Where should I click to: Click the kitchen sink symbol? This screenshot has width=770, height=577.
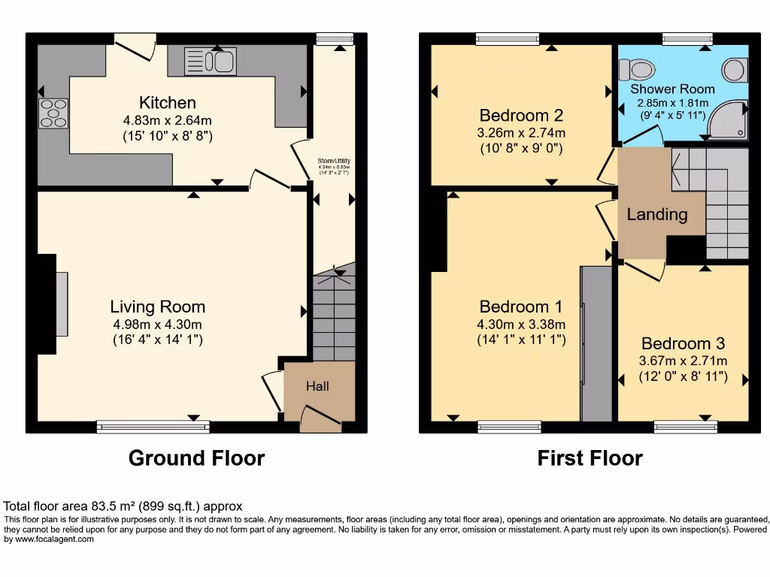211,61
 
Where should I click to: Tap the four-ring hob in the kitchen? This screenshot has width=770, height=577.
53,113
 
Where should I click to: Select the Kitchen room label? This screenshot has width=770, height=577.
167,103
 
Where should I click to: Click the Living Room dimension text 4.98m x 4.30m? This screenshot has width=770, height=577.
157,324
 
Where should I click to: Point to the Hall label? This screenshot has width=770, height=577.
317,386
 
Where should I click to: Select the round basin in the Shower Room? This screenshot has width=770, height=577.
733,71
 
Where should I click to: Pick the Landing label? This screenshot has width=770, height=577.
657,215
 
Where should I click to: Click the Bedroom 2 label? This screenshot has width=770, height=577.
521,116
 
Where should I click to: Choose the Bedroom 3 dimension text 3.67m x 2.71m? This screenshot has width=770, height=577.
683,361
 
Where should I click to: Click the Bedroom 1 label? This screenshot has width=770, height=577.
521,307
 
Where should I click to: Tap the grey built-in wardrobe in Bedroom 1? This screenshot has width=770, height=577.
597,343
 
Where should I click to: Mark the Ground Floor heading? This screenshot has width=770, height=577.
196,458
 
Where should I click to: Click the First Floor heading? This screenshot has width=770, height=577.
590,458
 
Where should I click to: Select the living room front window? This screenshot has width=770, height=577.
153,427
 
